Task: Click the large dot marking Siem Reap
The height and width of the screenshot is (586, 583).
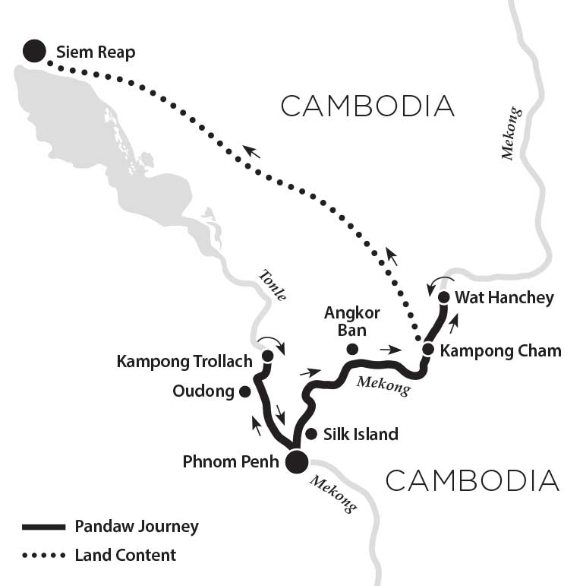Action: tap(33, 52)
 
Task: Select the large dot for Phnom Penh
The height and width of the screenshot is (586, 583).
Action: tap(296, 461)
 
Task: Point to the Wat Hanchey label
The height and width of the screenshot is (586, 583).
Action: tap(504, 298)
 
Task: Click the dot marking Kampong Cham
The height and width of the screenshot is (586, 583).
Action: tap(427, 350)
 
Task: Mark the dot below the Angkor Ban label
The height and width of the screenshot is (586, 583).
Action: tap(351, 350)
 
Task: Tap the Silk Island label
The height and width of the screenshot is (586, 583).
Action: tap(361, 434)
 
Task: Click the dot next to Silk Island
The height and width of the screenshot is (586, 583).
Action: tap(310, 434)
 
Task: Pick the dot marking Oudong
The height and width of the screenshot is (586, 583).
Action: tap(244, 391)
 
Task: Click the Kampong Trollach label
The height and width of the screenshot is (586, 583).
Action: tap(184, 361)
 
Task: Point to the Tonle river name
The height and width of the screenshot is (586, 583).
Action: tap(272, 285)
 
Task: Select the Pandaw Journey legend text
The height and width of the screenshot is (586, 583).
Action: tap(137, 526)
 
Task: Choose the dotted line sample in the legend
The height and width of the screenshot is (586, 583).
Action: tap(45, 556)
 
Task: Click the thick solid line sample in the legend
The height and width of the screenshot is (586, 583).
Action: tap(45, 527)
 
